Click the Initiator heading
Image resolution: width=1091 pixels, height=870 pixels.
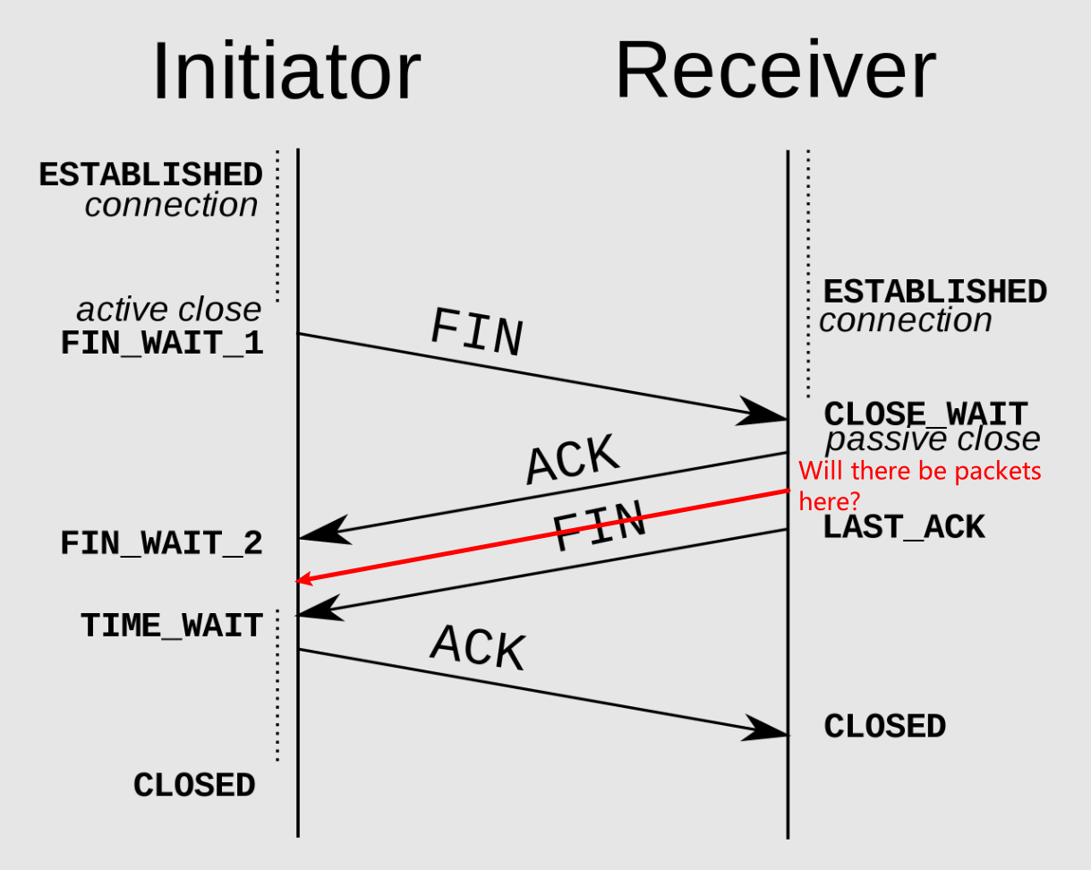(286, 71)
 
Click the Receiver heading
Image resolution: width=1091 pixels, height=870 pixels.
(775, 69)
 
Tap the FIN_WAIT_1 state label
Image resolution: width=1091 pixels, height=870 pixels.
(162, 343)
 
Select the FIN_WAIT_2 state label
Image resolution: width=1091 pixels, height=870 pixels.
(162, 543)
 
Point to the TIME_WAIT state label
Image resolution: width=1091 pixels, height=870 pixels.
(172, 625)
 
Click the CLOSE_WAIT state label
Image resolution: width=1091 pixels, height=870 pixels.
(925, 414)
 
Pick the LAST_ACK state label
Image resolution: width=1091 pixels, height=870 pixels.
(904, 527)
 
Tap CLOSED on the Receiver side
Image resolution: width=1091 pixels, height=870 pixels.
(884, 726)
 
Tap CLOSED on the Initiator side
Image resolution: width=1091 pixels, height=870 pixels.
(194, 785)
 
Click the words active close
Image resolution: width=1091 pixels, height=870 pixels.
(169, 310)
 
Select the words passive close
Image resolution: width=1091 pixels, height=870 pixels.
(933, 439)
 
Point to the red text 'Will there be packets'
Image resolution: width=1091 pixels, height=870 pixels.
(920, 471)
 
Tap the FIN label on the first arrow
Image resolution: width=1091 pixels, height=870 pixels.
(477, 333)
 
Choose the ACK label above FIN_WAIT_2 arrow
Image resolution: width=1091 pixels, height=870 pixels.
(573, 459)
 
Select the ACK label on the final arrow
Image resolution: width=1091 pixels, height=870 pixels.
(478, 647)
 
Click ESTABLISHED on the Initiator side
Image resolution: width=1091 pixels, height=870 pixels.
(150, 175)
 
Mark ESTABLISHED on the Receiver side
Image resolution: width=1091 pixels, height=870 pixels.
(935, 292)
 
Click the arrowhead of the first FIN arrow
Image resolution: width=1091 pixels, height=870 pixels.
(762, 412)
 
